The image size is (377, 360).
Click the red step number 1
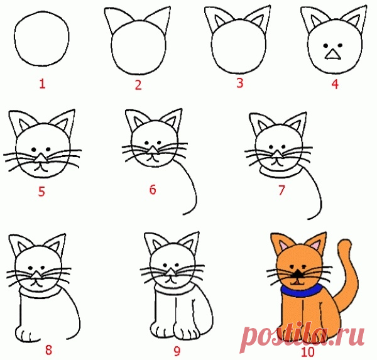pyautogui.click(x=42, y=84)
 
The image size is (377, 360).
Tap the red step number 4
pyautogui.click(x=335, y=84)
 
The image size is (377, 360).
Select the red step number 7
pyautogui.click(x=281, y=190)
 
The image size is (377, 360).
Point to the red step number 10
pyautogui.click(x=307, y=352)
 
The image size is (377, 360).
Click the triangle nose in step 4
pyautogui.click(x=333, y=55)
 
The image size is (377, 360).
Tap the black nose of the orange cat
pyautogui.click(x=298, y=273)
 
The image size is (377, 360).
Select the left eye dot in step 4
pyautogui.click(x=325, y=45)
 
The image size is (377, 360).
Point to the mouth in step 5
pyautogui.click(x=41, y=168)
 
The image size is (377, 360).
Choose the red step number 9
pyautogui.click(x=177, y=352)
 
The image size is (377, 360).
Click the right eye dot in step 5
pyautogui.click(x=48, y=149)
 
